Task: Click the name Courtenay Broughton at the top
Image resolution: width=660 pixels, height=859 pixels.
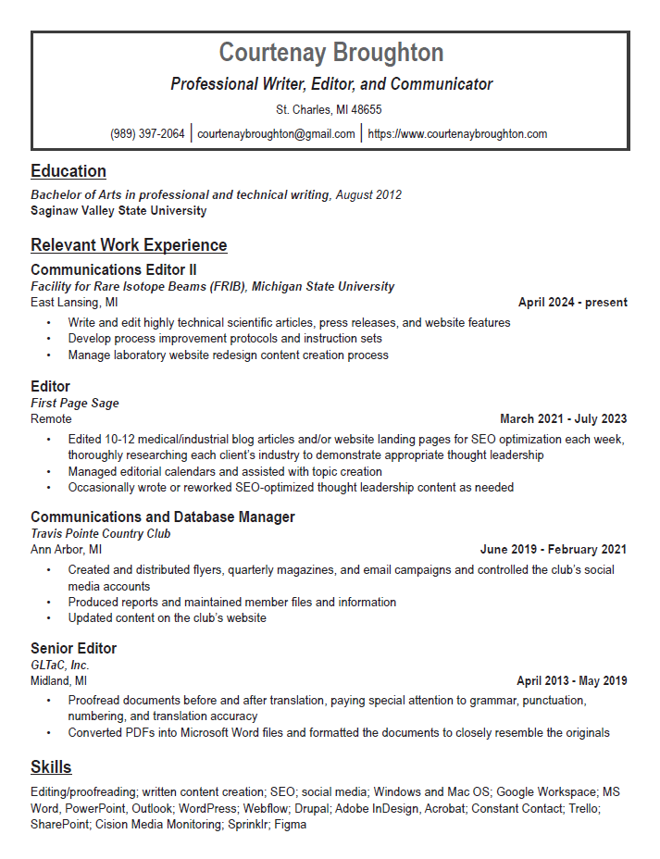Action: coord(330,52)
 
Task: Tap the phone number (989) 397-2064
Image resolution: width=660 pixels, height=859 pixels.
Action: coord(147,133)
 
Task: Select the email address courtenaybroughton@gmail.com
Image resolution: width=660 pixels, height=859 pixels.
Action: coord(276,133)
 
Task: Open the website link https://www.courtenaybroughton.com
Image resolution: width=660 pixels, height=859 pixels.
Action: coord(457,133)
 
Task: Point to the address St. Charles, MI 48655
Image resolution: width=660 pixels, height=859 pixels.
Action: coord(330,109)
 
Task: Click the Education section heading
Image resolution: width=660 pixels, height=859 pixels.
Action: coord(68,171)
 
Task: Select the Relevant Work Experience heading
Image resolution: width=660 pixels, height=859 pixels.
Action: coord(129,245)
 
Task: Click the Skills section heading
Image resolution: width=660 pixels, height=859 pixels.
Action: coord(51,767)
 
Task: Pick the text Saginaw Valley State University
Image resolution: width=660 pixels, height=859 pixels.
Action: coord(118,211)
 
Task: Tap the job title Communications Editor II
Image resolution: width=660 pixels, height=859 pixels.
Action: coord(114,270)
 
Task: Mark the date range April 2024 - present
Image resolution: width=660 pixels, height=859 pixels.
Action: coord(572,303)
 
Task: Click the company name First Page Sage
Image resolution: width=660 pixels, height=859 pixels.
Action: coord(75,403)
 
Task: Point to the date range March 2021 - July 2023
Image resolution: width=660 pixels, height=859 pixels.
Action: coord(563,418)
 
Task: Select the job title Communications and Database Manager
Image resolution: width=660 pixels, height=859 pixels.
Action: coord(163,517)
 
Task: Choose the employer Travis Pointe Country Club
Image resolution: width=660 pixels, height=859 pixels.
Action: coord(100,533)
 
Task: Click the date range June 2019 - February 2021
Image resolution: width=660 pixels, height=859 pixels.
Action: coord(553,550)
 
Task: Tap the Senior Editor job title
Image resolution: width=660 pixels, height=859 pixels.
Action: coord(73,648)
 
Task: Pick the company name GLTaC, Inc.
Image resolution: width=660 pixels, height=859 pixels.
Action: coord(60,665)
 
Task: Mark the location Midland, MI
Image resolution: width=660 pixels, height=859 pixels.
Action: coord(59,681)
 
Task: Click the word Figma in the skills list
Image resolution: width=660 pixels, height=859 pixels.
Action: coord(290,825)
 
